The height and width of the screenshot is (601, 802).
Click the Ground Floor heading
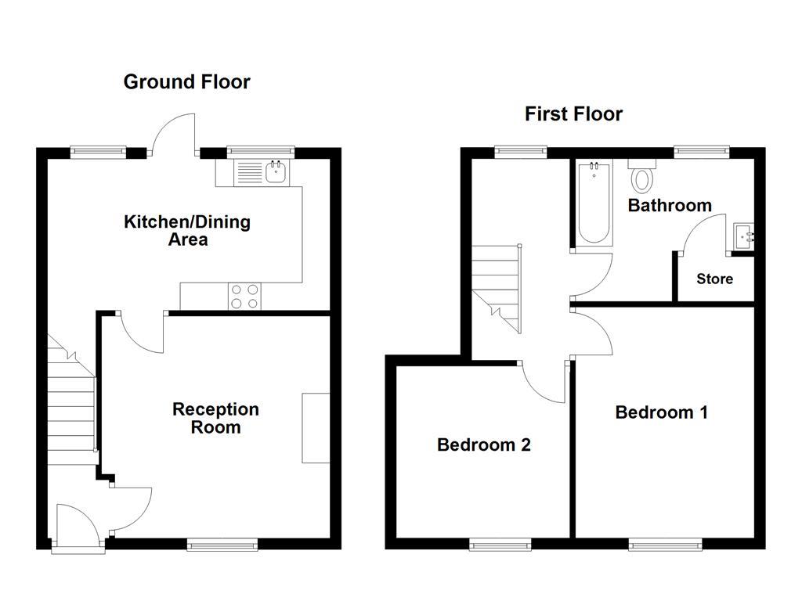[186, 81]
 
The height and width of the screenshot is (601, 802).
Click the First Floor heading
[573, 114]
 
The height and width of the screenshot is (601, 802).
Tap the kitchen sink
[275, 171]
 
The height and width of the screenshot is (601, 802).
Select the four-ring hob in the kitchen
[244, 296]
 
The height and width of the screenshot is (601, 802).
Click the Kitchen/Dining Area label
[187, 230]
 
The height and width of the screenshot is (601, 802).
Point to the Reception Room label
[215, 418]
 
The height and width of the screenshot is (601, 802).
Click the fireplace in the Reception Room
[316, 427]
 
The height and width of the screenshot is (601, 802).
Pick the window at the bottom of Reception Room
[222, 544]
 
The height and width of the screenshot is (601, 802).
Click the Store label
[714, 279]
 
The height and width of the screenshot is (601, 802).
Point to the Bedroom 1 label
[661, 412]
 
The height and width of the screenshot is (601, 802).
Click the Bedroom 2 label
[483, 444]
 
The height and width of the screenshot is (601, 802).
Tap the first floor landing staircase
[497, 286]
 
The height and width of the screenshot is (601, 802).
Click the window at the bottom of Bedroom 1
[663, 544]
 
